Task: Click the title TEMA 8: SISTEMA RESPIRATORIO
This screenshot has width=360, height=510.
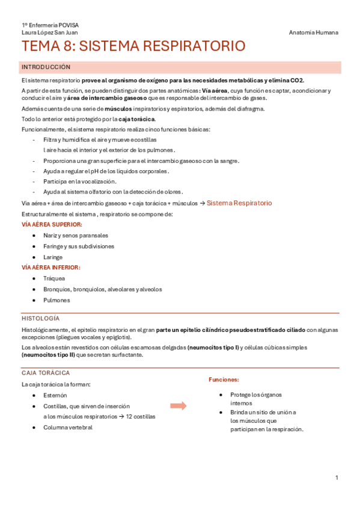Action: (133, 47)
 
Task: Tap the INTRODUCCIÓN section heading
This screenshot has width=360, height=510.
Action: (46, 67)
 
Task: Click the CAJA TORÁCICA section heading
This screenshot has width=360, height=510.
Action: (45, 373)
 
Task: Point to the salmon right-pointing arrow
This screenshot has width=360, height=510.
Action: (178, 405)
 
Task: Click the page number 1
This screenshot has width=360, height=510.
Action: (337, 478)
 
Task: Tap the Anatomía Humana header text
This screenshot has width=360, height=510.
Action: (313, 32)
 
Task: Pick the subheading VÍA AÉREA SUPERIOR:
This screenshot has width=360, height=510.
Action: (52, 224)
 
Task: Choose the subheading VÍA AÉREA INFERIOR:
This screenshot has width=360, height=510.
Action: (50, 268)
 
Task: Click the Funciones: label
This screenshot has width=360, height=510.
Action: (224, 380)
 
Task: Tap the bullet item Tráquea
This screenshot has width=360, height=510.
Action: (54, 278)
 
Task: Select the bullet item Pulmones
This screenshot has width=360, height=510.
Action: (56, 300)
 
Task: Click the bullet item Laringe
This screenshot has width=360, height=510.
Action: (53, 257)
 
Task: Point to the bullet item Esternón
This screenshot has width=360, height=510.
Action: (55, 395)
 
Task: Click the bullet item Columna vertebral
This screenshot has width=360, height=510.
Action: (68, 428)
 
